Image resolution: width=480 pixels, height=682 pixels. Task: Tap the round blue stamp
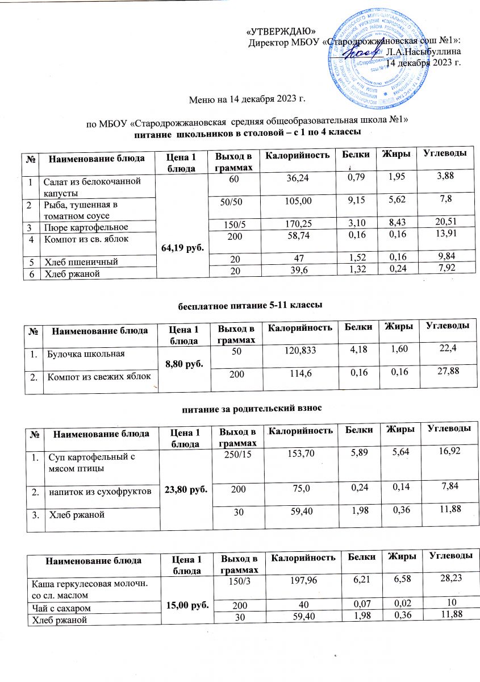coord(377,57)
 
